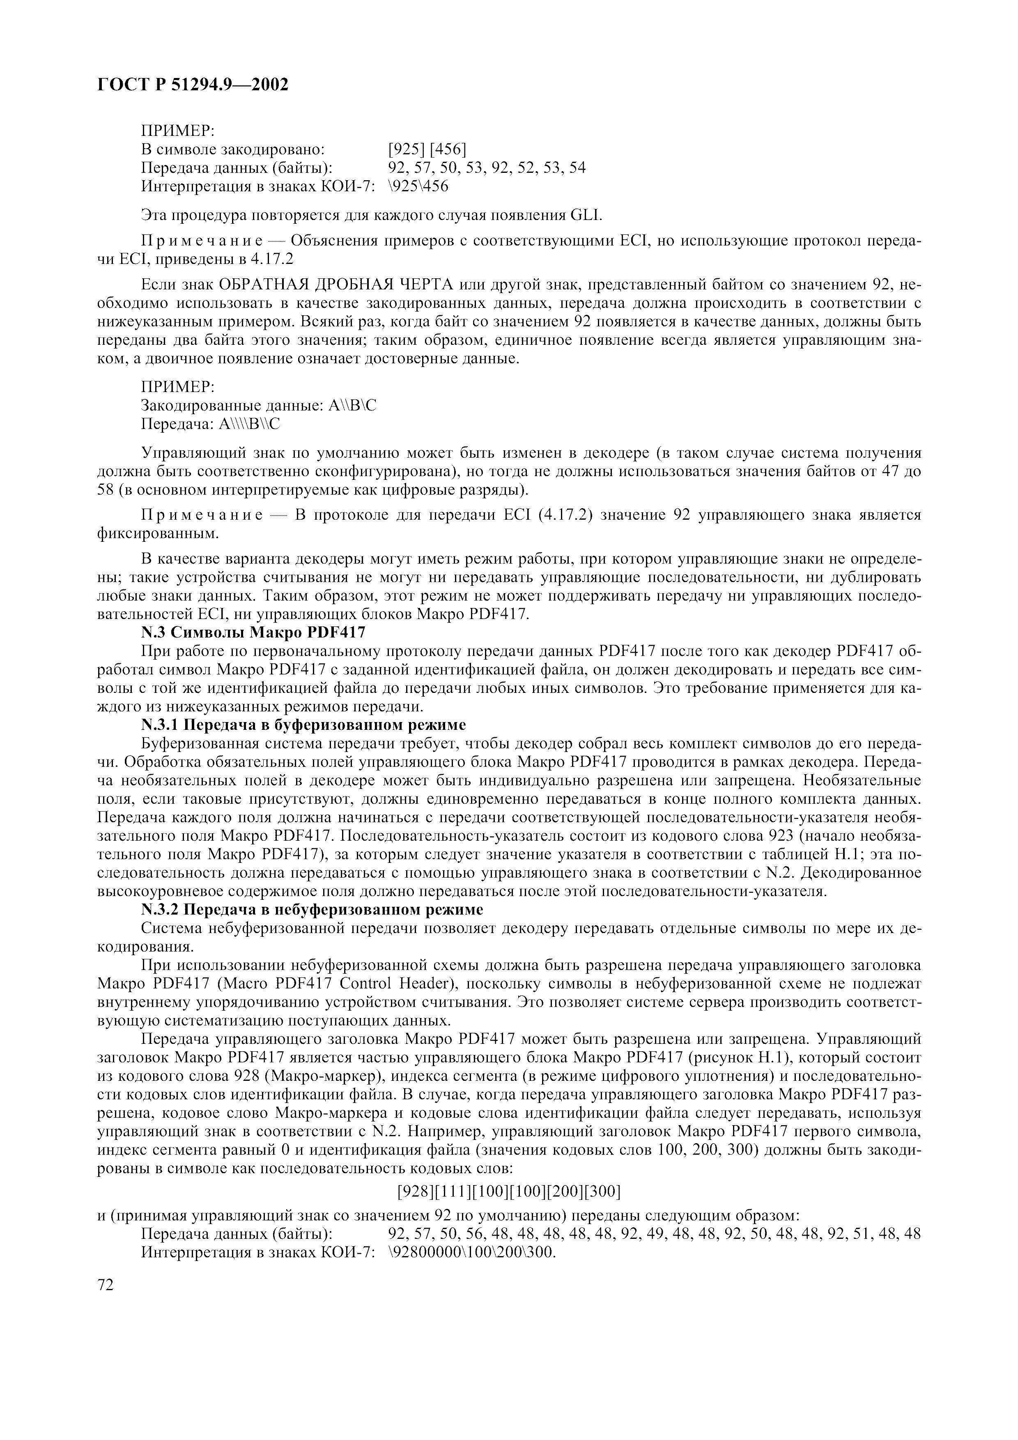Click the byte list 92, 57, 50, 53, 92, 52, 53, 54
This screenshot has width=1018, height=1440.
[x=487, y=167]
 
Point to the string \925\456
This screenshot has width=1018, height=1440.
[x=418, y=186]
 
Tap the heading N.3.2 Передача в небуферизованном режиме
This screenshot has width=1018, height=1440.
[x=312, y=909]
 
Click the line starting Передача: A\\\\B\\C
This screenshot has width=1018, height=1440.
[x=210, y=424]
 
